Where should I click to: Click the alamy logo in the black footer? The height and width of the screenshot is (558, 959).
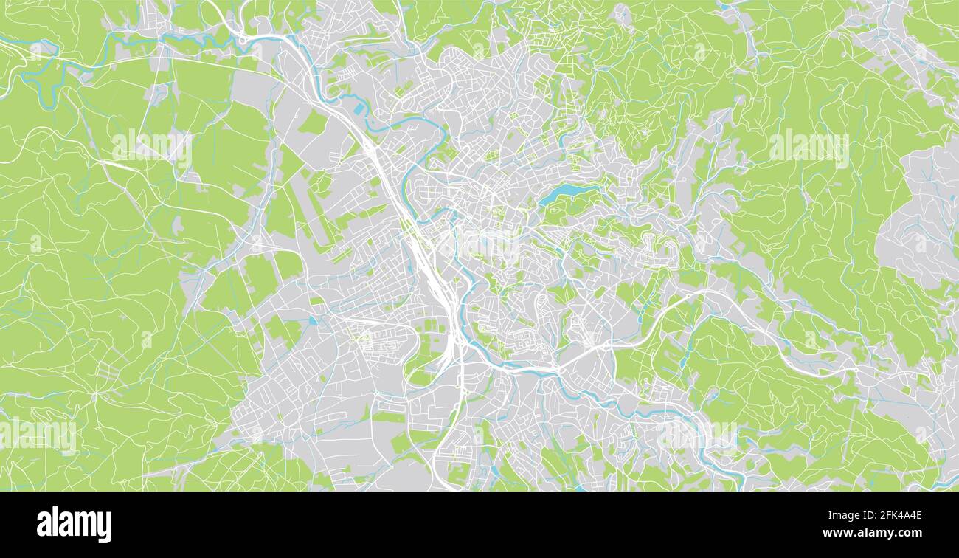75,525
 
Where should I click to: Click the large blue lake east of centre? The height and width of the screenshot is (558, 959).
564,192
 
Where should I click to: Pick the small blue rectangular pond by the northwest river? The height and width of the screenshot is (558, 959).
359,109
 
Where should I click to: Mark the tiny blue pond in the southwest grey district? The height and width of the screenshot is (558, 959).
314,321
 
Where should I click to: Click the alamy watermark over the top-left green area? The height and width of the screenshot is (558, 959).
152,148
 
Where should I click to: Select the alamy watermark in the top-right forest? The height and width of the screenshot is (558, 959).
809,148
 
